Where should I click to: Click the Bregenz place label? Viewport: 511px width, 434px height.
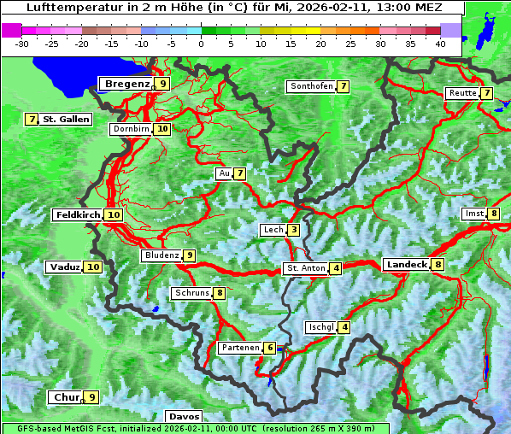coord(126,84)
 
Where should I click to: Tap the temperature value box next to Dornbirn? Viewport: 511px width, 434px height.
coord(162,129)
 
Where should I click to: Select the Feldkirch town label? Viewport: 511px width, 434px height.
coord(78,215)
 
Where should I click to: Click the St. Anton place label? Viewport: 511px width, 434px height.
coord(306,268)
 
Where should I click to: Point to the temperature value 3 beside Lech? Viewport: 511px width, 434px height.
coord(293,230)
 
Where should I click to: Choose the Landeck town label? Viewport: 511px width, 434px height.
coord(406,265)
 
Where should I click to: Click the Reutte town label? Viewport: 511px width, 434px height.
coord(462,93)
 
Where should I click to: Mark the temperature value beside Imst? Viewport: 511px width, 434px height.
coord(493,214)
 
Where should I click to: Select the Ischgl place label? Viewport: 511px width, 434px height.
coord(320,327)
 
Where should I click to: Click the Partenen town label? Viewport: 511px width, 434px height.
coord(239,348)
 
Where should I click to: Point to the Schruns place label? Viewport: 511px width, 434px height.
coord(191,293)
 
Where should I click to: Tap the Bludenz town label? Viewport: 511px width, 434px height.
coord(162,255)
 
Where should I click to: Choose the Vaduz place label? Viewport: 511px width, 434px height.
coord(65,267)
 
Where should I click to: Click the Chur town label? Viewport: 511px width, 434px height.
coord(66,397)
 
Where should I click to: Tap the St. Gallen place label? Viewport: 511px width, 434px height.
coord(66,119)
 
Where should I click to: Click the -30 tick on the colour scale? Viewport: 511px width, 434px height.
coord(21,43)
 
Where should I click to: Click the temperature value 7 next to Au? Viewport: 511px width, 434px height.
coord(240,173)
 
